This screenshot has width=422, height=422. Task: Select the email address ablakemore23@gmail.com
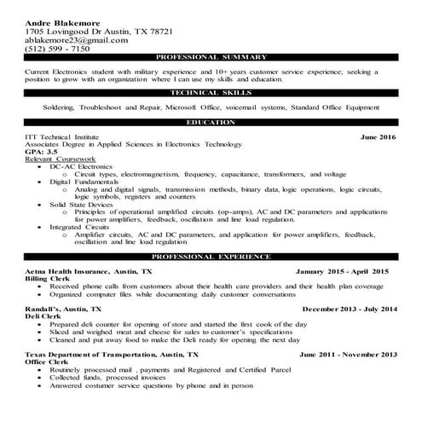point(77,40)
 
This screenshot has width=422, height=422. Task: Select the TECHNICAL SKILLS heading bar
point(211,92)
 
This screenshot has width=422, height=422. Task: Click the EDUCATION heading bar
point(211,123)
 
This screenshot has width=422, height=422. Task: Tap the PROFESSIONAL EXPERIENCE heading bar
point(211,256)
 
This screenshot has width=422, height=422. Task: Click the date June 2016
point(379,136)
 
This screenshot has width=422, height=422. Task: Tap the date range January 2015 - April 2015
point(342,270)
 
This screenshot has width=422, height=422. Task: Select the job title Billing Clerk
point(49,278)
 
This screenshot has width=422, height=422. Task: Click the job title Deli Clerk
point(44,316)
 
